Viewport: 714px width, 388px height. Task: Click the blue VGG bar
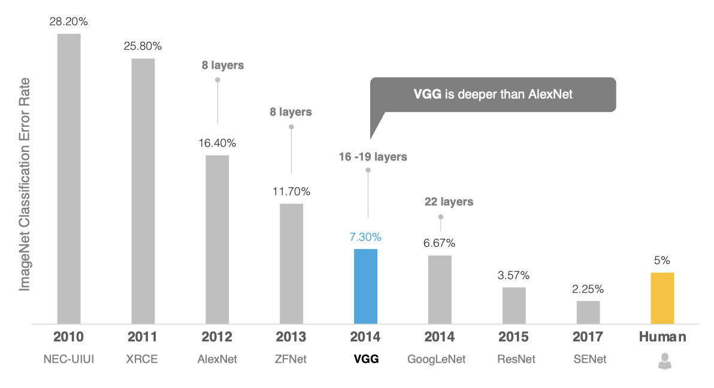(x=365, y=286)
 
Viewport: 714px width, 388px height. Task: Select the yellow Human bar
(x=662, y=298)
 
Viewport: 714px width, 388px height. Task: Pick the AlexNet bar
(x=217, y=240)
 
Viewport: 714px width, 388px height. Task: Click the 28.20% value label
(x=69, y=22)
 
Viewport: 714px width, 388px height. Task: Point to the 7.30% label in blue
(x=365, y=237)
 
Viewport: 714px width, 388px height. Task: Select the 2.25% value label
(x=588, y=289)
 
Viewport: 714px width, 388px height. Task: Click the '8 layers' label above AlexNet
(x=223, y=65)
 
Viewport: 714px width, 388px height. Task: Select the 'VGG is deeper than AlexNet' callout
(x=494, y=94)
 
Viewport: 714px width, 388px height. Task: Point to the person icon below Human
(x=662, y=360)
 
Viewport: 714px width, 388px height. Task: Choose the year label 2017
(x=588, y=337)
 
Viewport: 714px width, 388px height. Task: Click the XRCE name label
(x=143, y=360)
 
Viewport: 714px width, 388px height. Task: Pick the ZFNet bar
(x=291, y=263)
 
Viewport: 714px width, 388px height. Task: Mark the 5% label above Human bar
(x=662, y=260)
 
